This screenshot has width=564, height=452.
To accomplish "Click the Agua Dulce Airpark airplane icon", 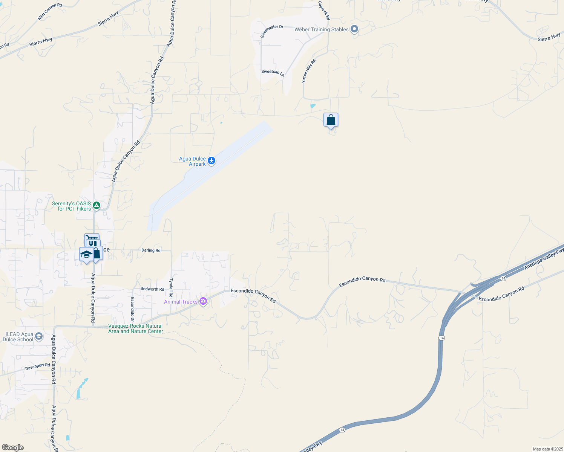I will (x=211, y=161).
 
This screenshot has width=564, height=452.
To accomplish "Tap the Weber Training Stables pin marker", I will (x=354, y=29).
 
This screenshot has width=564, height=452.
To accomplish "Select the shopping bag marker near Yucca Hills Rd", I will (x=331, y=120).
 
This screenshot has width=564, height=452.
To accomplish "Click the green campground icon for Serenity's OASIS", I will (x=97, y=205).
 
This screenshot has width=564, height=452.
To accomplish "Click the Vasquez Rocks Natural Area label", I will (x=136, y=328).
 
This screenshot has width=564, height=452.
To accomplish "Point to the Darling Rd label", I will (x=151, y=250).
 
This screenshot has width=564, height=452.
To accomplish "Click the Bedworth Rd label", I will (x=152, y=289).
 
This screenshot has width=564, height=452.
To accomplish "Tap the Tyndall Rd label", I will (x=171, y=288).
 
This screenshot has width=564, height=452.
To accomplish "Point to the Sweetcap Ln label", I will (x=273, y=73).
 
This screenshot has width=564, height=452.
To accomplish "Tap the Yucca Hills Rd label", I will (x=308, y=71).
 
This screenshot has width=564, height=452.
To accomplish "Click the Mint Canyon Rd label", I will (x=50, y=12).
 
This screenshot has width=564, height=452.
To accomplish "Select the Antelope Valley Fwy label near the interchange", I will (x=544, y=259).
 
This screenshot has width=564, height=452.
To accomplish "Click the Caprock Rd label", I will (x=324, y=11).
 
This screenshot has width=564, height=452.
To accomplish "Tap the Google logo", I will (x=12, y=447).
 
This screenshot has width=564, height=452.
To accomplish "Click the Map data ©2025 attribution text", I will (x=548, y=449).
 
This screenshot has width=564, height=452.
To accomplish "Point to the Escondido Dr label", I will (x=132, y=309).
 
